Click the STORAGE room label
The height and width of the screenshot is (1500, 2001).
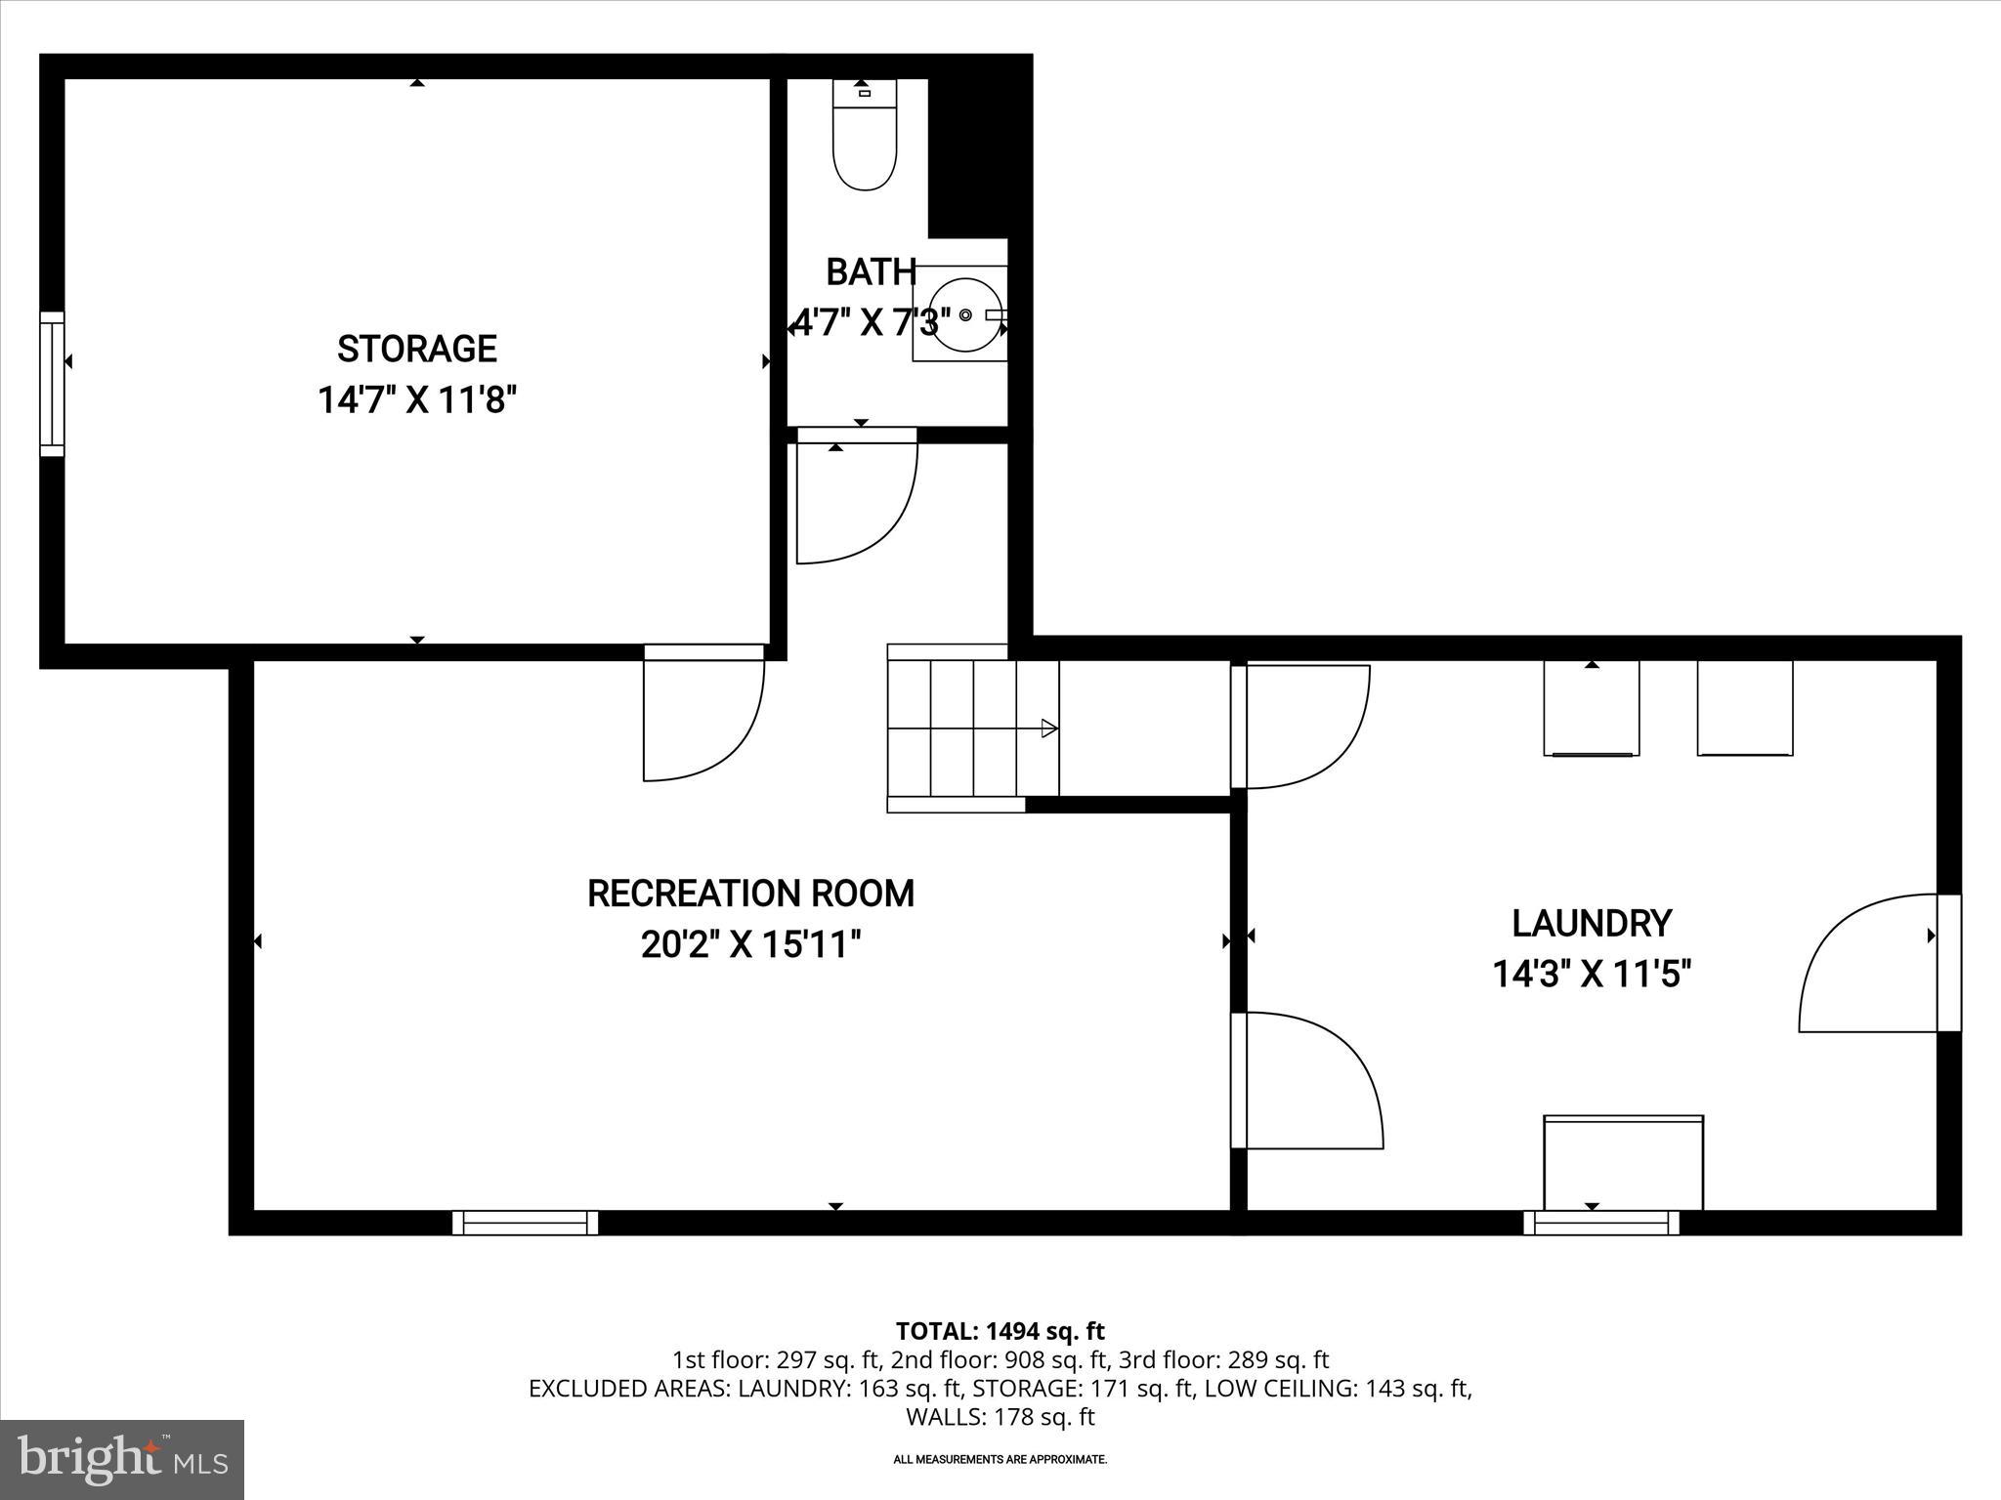click(x=417, y=349)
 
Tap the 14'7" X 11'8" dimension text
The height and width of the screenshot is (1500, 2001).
click(x=417, y=399)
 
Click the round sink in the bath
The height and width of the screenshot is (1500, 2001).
click(x=964, y=314)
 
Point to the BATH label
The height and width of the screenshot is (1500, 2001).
click(x=871, y=272)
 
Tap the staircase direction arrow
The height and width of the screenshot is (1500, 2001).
click(x=1049, y=728)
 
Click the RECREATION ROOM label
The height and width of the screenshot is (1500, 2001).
click(x=750, y=894)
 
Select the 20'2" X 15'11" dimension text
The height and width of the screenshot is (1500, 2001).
click(x=750, y=944)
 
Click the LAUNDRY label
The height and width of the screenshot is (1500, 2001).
click(x=1592, y=923)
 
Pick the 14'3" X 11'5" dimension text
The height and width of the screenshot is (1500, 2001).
click(x=1592, y=974)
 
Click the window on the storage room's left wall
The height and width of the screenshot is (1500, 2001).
click(x=52, y=384)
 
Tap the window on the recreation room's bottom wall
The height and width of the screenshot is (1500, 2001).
click(x=526, y=1223)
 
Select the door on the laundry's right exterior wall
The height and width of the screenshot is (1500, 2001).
click(x=1948, y=962)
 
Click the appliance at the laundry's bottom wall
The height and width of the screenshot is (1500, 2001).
click(x=1623, y=1162)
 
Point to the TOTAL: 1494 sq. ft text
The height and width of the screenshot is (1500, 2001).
click(x=1000, y=1331)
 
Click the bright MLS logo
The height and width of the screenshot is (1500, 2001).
click(x=122, y=1459)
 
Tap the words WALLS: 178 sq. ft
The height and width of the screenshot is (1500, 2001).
click(x=1000, y=1417)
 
